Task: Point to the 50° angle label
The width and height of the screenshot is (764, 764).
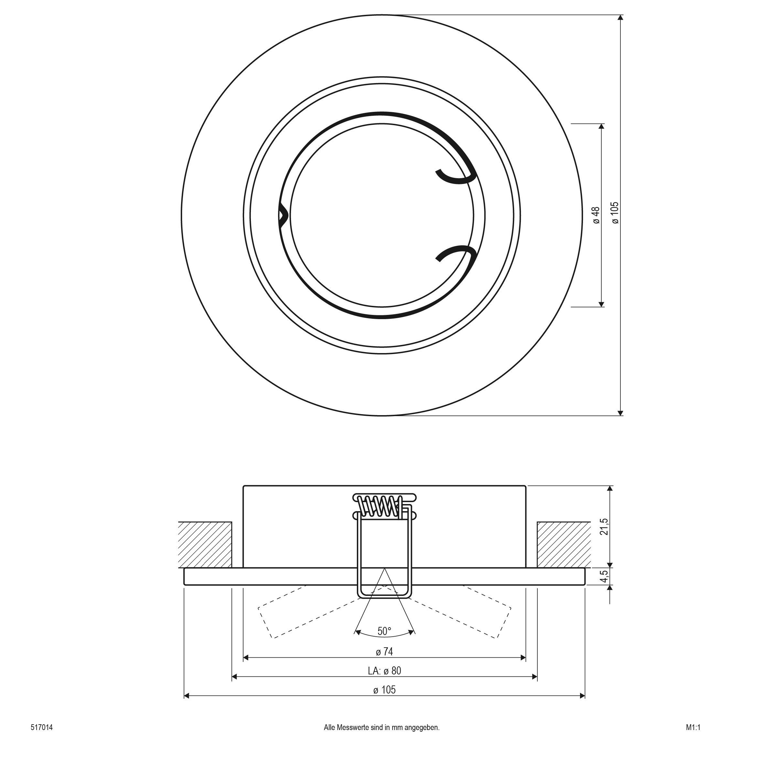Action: (384, 631)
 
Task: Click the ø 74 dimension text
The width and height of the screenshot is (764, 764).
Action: (384, 651)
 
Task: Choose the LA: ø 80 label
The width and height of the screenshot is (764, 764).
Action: (384, 670)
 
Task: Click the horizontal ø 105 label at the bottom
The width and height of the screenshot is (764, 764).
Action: (384, 690)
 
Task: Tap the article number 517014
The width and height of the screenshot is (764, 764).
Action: (41, 727)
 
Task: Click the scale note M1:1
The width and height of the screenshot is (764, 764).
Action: (693, 727)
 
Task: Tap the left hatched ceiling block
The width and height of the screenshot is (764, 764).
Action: (205, 544)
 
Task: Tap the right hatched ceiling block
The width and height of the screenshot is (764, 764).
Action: (564, 544)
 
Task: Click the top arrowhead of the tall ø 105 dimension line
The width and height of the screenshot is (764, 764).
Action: (620, 17)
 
